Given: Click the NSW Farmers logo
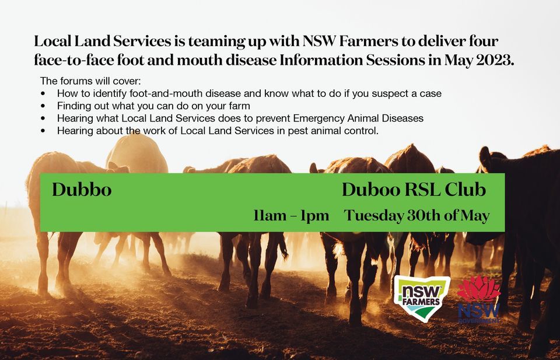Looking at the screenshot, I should pyautogui.click(x=421, y=298).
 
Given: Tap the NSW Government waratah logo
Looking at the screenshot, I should pyautogui.click(x=478, y=299).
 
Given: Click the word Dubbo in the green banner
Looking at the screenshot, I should pyautogui.click(x=81, y=190).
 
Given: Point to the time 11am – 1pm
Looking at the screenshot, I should pyautogui.click(x=291, y=216).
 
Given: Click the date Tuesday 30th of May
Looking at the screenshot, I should pyautogui.click(x=416, y=216).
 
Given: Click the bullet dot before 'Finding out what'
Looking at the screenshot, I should pyautogui.click(x=44, y=106).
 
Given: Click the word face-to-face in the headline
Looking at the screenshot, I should pyautogui.click(x=68, y=60).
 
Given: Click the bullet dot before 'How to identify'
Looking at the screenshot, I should pyautogui.click(x=44, y=93).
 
